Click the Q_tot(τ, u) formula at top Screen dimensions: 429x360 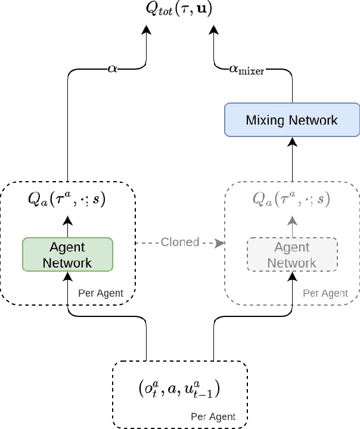point(179,9)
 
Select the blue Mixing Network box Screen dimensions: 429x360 point(293,120)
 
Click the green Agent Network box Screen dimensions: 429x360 point(67,254)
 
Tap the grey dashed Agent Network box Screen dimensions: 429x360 point(292,254)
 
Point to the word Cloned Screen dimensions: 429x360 point(180,242)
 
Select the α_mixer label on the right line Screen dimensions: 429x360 point(246,69)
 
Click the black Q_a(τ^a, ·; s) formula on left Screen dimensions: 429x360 point(67,199)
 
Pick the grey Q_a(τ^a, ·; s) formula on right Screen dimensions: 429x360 point(292,199)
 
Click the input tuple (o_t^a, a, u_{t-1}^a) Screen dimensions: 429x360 point(179,389)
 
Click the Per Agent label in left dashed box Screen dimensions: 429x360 point(101,293)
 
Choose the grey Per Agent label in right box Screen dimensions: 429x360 point(325,293)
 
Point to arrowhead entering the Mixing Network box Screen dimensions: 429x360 point(293,141)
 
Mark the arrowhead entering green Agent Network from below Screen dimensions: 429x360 point(67,276)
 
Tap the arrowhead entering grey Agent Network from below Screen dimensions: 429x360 point(292,276)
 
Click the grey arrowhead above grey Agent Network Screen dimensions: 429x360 point(292,220)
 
